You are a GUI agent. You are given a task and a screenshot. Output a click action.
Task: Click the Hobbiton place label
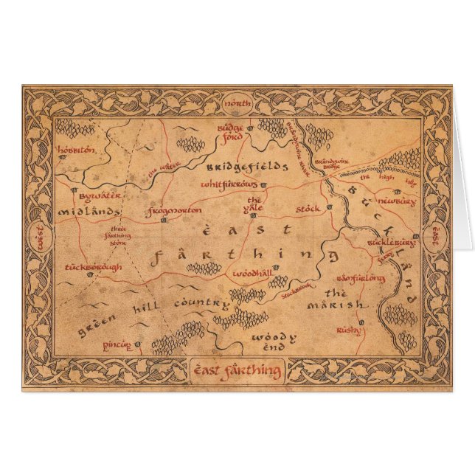(x=76, y=150)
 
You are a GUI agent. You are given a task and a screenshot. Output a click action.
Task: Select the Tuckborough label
(x=94, y=267)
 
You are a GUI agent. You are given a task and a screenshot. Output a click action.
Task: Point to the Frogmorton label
(x=175, y=212)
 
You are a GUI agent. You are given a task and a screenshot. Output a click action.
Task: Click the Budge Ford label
(x=230, y=131)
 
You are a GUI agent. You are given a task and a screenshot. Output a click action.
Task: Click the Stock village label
(x=308, y=209)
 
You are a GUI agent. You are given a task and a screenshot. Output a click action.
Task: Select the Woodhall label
(x=252, y=273)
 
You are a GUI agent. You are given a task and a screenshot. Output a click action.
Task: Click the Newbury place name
(x=397, y=201)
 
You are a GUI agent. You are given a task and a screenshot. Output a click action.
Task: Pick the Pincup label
(x=117, y=344)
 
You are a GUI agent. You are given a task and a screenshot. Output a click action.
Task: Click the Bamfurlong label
(x=361, y=279)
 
